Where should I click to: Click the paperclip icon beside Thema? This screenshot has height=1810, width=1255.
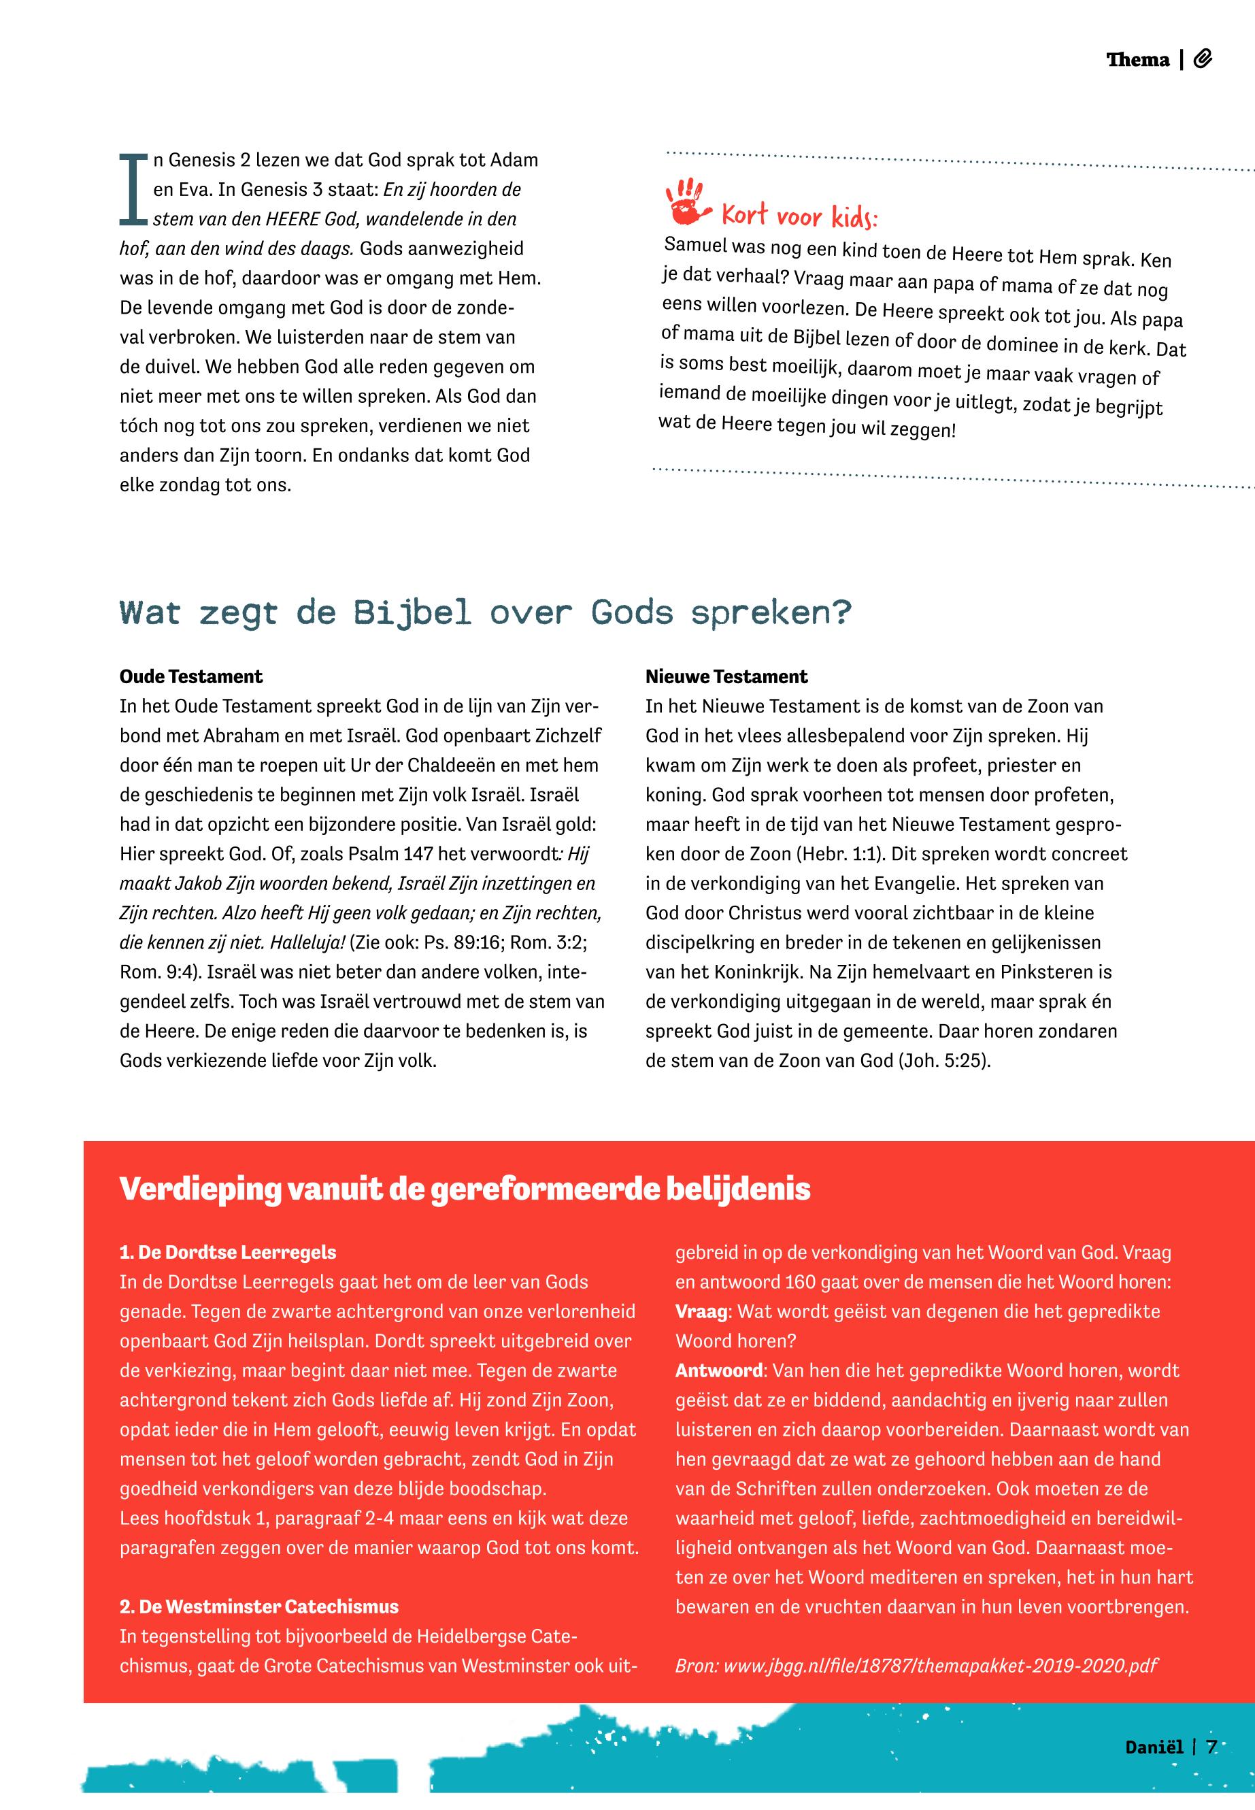[x=1203, y=59]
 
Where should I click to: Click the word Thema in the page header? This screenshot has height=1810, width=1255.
[x=1137, y=60]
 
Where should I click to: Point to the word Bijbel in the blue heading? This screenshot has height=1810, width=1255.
[x=412, y=613]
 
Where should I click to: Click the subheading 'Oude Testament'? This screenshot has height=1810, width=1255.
[x=191, y=676]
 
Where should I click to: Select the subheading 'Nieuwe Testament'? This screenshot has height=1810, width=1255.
[x=726, y=676]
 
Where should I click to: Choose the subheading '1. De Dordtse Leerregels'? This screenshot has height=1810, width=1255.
[x=228, y=1252]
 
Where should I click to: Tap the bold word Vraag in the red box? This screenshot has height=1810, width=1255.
[x=702, y=1311]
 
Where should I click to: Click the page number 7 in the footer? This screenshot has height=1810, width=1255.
[x=1211, y=1769]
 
